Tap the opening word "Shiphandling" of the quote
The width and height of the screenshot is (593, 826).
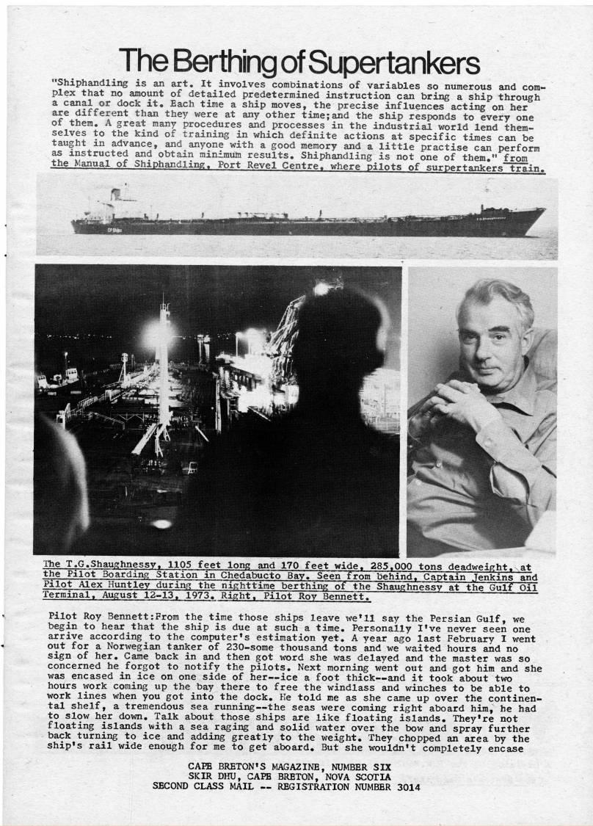[85, 84]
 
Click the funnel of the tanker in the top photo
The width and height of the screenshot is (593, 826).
[115, 195]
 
